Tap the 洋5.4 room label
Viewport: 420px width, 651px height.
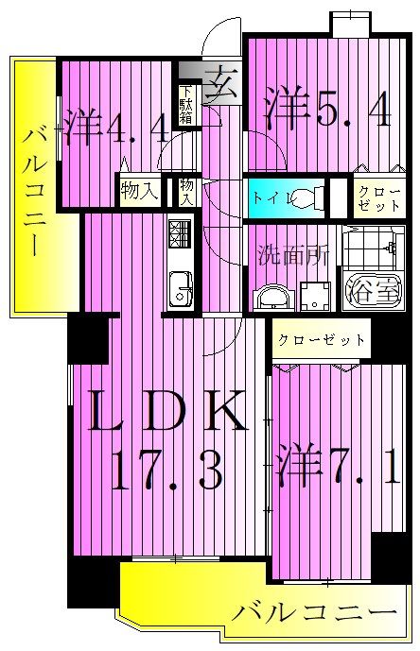click(326, 108)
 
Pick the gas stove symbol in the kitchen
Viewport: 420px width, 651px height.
click(179, 232)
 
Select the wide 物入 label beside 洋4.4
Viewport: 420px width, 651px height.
click(139, 191)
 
